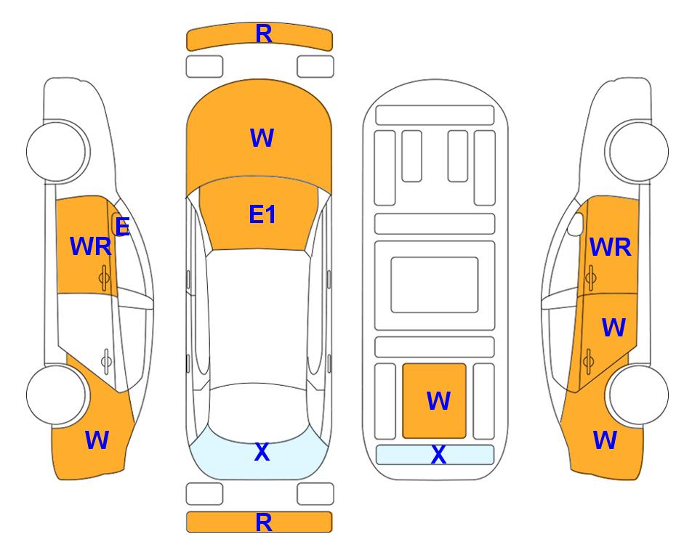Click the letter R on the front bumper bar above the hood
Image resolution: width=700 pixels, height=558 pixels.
[x=263, y=33]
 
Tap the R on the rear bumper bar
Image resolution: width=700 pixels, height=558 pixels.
[x=263, y=522]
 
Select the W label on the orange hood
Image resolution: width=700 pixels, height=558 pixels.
[x=262, y=138]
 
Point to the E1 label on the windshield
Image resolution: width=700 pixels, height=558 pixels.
[x=262, y=214]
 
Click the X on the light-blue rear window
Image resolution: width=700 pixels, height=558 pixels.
[x=262, y=452]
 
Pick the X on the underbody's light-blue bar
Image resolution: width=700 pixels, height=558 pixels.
[x=438, y=455]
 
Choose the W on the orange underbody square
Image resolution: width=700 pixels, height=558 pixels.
[x=438, y=400]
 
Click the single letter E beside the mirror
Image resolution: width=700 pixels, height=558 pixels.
[x=122, y=227]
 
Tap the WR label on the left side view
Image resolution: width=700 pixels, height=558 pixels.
[x=90, y=247]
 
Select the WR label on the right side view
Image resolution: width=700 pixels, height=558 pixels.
[x=610, y=248]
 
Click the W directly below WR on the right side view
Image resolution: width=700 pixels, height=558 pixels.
[x=613, y=328]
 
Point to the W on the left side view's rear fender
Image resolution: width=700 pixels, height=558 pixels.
[x=97, y=440]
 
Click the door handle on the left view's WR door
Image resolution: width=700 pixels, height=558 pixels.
[x=105, y=276]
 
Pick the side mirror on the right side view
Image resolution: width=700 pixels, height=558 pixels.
[x=575, y=225]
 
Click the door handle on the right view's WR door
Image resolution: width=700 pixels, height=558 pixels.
[x=591, y=277]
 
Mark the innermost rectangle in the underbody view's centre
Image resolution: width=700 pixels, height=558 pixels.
[x=435, y=284]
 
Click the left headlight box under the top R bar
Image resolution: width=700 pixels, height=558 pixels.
[x=204, y=66]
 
